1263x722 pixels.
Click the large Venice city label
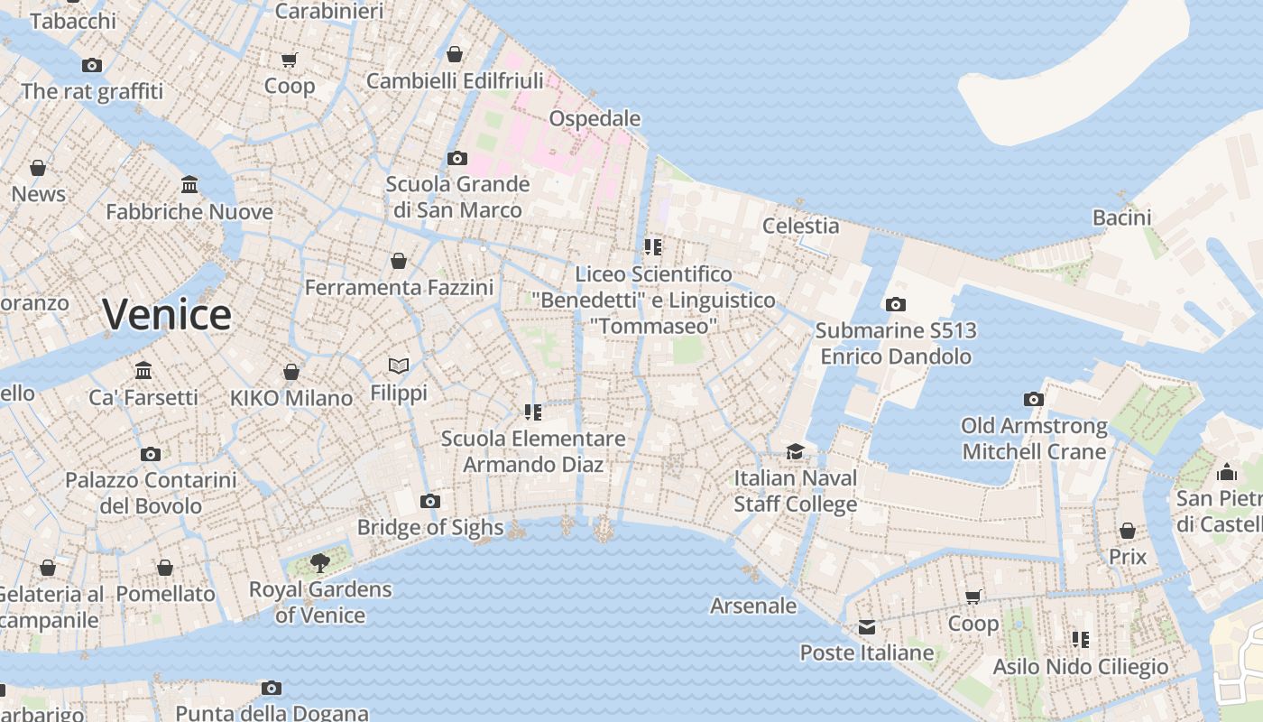[x=167, y=314]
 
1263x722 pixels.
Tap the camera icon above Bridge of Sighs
[x=430, y=501]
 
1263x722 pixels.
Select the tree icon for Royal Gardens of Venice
[x=319, y=563]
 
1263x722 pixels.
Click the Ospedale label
[x=595, y=118]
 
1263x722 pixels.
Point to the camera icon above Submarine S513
[x=895, y=304]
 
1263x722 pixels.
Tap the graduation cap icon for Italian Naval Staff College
[x=795, y=451]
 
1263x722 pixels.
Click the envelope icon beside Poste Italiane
[x=867, y=626]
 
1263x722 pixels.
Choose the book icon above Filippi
[x=399, y=366]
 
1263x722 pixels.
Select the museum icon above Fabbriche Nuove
[x=189, y=185]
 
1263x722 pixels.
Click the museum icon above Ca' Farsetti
[x=143, y=370]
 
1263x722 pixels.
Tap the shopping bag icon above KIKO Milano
[x=291, y=372]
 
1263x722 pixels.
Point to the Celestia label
[x=800, y=226]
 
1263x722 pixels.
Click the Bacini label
[x=1121, y=218]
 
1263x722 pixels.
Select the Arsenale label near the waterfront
[x=753, y=606]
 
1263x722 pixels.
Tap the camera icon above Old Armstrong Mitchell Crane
[x=1034, y=399]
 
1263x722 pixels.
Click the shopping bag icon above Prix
[x=1128, y=531]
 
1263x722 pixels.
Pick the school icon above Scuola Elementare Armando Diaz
[x=533, y=412]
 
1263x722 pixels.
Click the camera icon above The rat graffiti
[x=92, y=65]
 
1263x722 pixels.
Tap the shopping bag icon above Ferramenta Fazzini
[x=399, y=262]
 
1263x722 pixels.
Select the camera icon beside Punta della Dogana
[x=272, y=688]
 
